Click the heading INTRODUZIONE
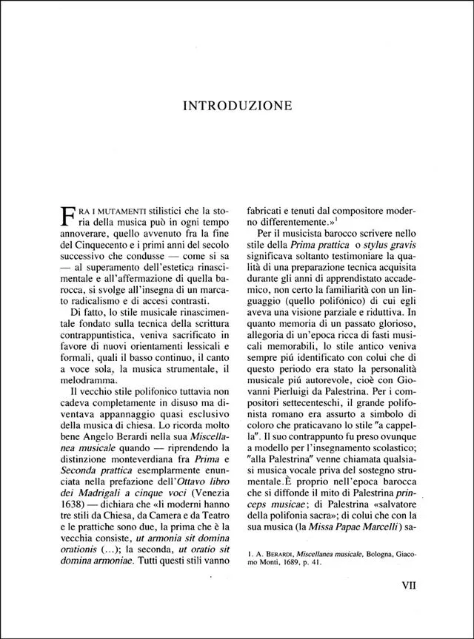point(237,105)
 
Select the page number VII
point(403,584)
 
